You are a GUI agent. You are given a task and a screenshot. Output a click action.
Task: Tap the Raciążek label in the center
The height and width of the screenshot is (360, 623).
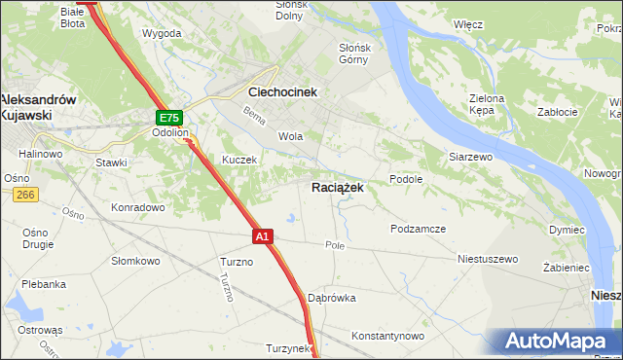(x=338, y=188)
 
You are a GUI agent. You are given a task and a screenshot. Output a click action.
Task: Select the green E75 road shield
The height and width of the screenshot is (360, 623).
(x=167, y=117)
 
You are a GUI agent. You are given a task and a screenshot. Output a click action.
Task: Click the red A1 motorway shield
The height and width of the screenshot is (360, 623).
(x=262, y=235)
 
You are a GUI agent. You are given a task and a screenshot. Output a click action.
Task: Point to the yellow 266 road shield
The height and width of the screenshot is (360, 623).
(x=25, y=196)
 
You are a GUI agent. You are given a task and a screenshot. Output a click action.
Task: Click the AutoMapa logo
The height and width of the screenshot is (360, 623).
(x=559, y=342)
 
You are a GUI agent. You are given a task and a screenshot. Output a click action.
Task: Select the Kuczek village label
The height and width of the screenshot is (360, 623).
(x=238, y=160)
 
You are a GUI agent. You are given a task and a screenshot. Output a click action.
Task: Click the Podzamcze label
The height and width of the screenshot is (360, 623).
(x=418, y=229)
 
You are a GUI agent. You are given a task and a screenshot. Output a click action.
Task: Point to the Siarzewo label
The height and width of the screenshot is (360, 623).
(x=472, y=156)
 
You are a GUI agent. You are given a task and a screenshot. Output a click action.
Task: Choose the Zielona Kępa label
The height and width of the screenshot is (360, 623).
(x=487, y=105)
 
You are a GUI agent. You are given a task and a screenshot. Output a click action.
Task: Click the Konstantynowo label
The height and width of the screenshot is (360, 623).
(x=388, y=336)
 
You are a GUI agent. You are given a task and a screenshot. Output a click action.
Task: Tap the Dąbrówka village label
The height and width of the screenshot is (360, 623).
(x=331, y=298)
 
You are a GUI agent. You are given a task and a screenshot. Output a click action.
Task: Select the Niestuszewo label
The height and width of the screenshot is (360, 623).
(x=488, y=260)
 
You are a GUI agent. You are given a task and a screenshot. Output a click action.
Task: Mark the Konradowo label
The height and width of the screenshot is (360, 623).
(x=137, y=207)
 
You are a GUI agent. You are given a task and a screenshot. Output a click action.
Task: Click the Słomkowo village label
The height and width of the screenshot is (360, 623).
(x=135, y=260)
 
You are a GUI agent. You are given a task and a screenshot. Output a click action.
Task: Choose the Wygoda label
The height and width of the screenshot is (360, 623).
(x=162, y=33)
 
